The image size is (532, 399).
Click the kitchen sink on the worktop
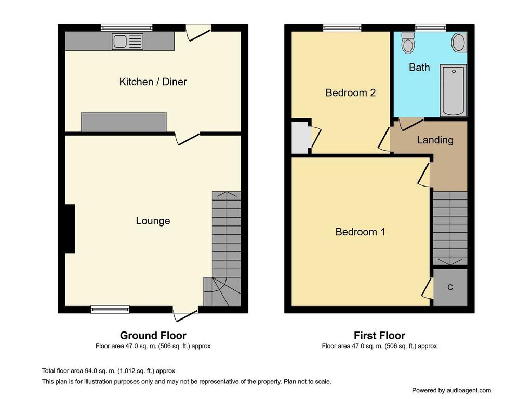[x=128, y=42]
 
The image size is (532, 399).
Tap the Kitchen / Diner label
[x=153, y=82]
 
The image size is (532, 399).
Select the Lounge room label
[x=153, y=221]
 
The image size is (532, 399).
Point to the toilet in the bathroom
[x=408, y=43]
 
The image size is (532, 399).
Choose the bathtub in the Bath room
[x=453, y=90]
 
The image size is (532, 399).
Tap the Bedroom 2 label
[x=351, y=92]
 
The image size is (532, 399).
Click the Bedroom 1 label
[x=360, y=232]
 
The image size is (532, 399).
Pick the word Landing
[x=435, y=140]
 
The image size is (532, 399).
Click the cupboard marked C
[x=450, y=287]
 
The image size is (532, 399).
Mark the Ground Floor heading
[x=153, y=336]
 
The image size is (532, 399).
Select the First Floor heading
[x=379, y=336]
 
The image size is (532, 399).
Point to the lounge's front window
[x=110, y=309]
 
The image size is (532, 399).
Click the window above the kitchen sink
[x=126, y=28]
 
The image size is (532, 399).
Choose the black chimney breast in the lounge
[x=70, y=229]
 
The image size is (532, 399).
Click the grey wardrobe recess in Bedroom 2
[x=301, y=137]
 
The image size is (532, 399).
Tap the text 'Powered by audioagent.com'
[x=451, y=390]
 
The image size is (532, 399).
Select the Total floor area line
[x=109, y=371]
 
